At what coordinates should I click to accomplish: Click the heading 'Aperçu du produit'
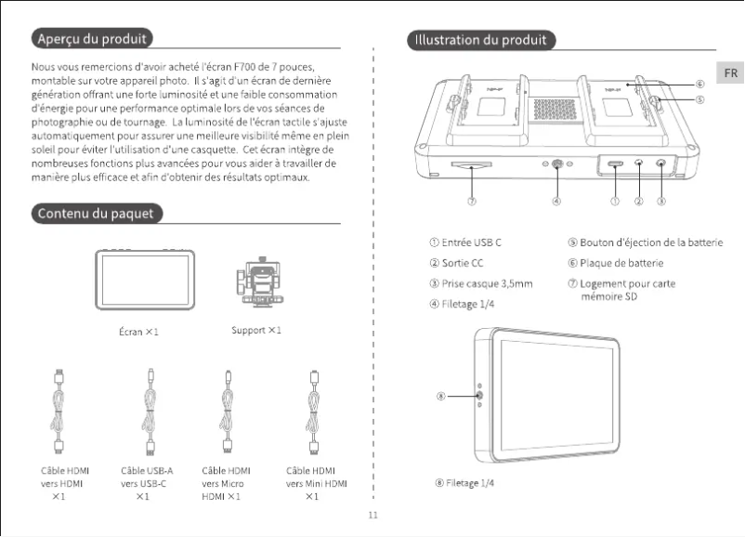tap(91, 39)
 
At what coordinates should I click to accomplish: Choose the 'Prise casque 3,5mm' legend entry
tap(479, 283)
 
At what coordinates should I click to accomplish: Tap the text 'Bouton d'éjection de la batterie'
tap(645, 242)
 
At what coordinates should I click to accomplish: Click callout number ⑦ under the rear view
tap(472, 200)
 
